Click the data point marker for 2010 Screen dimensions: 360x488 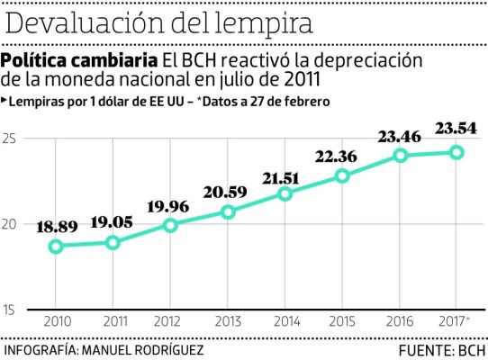pyautogui.click(x=56, y=247)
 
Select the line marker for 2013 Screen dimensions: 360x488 pyautogui.click(x=228, y=212)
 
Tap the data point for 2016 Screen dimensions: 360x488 pyautogui.click(x=400, y=156)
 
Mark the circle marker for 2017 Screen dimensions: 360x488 pyautogui.click(x=456, y=153)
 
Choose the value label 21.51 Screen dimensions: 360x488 pyautogui.click(x=285, y=176)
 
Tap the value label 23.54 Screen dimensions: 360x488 pyautogui.click(x=456, y=130)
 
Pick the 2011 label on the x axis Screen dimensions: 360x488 pyautogui.click(x=113, y=321)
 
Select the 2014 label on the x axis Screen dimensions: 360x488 pyautogui.click(x=285, y=321)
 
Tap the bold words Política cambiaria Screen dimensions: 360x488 pyautogui.click(x=78, y=60)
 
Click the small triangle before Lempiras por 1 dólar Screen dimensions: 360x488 pyautogui.click(x=5, y=100)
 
